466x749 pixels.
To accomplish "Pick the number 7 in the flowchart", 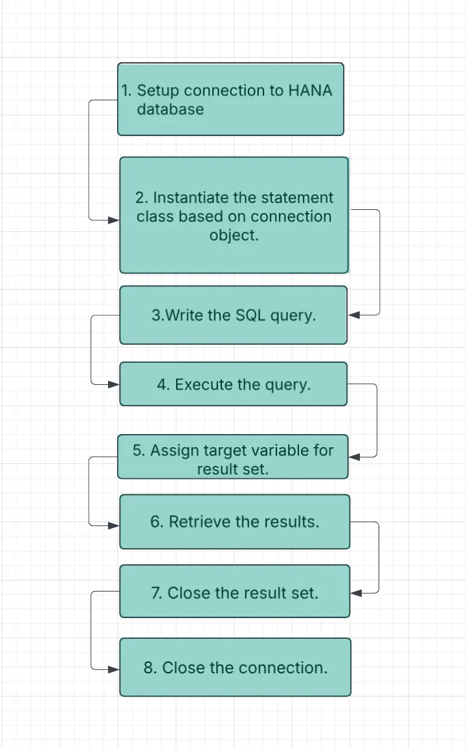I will pyautogui.click(x=156, y=593).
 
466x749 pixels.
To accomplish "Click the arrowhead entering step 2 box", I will pyautogui.click(x=114, y=220).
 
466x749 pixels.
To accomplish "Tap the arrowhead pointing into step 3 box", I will pyautogui.click(x=354, y=315).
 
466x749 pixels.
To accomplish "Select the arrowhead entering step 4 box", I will pyautogui.click(x=114, y=384).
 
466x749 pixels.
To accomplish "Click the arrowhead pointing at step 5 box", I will pyautogui.click(x=354, y=457).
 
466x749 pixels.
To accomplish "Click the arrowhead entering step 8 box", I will pyautogui.click(x=114, y=669).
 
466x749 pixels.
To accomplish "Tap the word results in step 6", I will pyautogui.click(x=293, y=522).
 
